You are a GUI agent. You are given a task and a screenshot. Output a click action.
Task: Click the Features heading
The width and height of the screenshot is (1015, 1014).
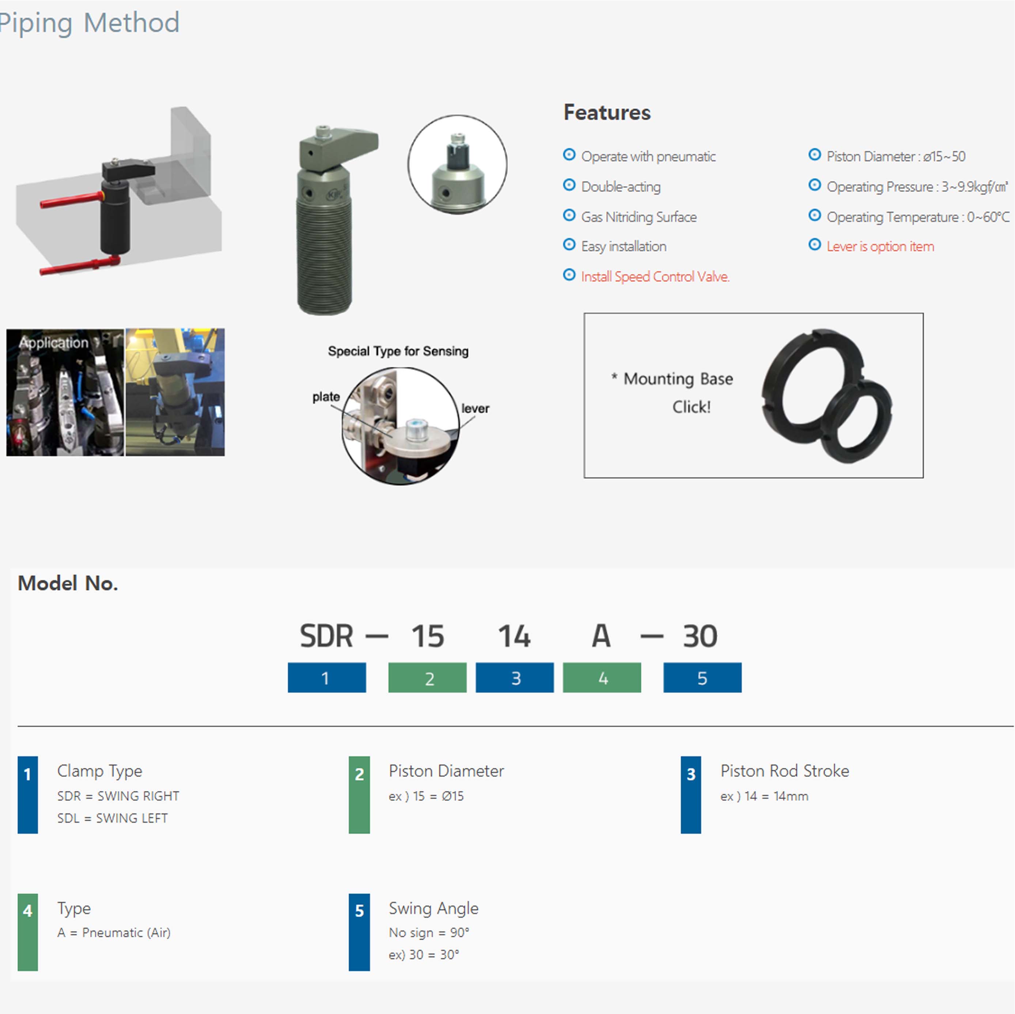pyautogui.click(x=607, y=113)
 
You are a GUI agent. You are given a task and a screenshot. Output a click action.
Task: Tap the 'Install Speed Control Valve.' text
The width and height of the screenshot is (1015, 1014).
pyautogui.click(x=655, y=277)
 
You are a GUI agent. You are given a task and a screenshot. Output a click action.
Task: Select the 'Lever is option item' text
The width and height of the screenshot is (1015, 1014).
pyautogui.click(x=880, y=246)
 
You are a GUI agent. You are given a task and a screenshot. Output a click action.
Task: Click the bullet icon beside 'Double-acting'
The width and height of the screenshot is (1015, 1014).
pyautogui.click(x=569, y=185)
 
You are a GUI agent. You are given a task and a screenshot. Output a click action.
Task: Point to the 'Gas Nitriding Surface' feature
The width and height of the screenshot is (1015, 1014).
pyautogui.click(x=639, y=217)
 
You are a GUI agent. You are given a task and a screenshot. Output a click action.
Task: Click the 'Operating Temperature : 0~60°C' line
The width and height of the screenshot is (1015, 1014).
pyautogui.click(x=917, y=217)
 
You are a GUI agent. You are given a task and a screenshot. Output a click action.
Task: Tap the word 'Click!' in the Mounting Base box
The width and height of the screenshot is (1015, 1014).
pyautogui.click(x=692, y=407)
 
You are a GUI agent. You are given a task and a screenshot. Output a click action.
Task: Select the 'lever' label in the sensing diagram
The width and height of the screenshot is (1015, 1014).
pyautogui.click(x=475, y=408)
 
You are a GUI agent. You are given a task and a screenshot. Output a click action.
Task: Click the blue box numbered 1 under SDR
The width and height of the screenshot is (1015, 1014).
pyautogui.click(x=326, y=678)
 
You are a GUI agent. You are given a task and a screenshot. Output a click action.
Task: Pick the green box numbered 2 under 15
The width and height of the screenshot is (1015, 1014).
pyautogui.click(x=427, y=678)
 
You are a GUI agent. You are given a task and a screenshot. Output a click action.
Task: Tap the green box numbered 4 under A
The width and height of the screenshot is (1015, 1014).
pyautogui.click(x=602, y=678)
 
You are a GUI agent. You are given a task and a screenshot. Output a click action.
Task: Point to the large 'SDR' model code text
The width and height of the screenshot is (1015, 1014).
pyautogui.click(x=326, y=636)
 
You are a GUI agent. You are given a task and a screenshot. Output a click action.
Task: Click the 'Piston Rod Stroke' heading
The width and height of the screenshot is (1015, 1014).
pyautogui.click(x=784, y=771)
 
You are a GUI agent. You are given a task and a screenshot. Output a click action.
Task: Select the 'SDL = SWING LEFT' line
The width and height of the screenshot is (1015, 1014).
pyautogui.click(x=113, y=818)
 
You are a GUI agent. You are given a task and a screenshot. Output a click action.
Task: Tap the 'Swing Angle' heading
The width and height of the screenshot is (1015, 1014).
pyautogui.click(x=433, y=908)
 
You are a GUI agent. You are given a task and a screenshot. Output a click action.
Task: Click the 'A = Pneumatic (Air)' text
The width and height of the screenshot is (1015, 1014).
pyautogui.click(x=114, y=933)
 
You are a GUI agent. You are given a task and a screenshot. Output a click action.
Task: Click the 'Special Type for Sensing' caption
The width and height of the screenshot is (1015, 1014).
pyautogui.click(x=398, y=351)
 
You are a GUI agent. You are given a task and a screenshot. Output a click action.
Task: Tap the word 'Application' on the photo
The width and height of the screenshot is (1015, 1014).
pyautogui.click(x=54, y=343)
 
